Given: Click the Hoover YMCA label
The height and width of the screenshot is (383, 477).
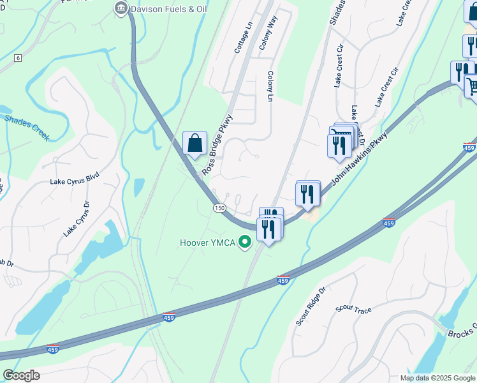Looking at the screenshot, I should point(207,243).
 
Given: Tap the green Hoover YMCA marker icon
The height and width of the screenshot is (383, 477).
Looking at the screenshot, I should point(243,242).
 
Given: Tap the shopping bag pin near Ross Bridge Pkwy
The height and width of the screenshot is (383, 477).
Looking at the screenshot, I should point(195,143).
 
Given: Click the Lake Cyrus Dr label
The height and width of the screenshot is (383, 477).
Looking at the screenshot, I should point(78,219).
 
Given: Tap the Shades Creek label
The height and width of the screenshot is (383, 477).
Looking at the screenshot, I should point(27,125).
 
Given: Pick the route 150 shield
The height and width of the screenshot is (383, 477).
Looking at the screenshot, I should point(219,208).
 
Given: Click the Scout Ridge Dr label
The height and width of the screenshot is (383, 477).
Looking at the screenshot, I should point(311,306).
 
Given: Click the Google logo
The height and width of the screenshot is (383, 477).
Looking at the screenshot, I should point(21,375).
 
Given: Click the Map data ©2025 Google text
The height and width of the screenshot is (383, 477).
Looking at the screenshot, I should point(437,378).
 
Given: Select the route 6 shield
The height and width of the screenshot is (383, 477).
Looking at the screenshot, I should point(18,58).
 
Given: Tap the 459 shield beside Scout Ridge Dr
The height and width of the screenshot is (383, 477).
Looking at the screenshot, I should point(284,280).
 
